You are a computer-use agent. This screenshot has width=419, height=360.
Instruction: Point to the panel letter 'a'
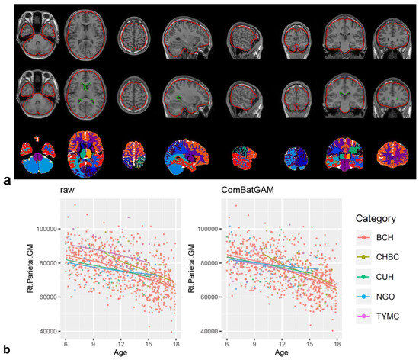tap(7, 180)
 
